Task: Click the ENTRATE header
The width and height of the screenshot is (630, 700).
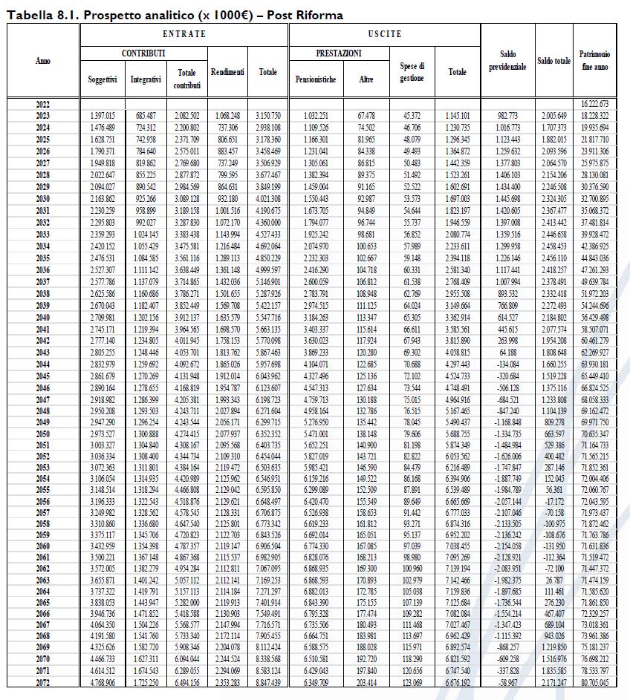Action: [184, 34]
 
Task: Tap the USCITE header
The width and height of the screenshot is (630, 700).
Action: [384, 34]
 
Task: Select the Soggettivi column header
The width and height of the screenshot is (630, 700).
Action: [102, 79]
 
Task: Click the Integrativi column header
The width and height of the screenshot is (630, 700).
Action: [146, 79]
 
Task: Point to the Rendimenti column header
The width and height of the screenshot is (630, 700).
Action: [227, 72]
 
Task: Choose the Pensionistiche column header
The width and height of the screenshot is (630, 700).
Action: [316, 79]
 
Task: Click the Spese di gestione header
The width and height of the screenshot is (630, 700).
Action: [412, 72]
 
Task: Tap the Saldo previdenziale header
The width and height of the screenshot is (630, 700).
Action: [507, 60]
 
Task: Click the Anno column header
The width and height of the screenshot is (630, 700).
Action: [43, 60]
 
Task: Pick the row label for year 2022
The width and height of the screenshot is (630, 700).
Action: [43, 103]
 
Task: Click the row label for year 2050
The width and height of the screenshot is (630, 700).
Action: [43, 434]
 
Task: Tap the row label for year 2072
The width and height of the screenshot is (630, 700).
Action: [43, 681]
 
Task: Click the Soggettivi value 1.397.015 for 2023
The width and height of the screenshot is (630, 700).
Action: [102, 115]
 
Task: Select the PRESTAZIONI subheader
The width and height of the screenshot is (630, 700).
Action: [338, 53]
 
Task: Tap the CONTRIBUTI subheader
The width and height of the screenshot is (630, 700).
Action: [143, 53]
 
